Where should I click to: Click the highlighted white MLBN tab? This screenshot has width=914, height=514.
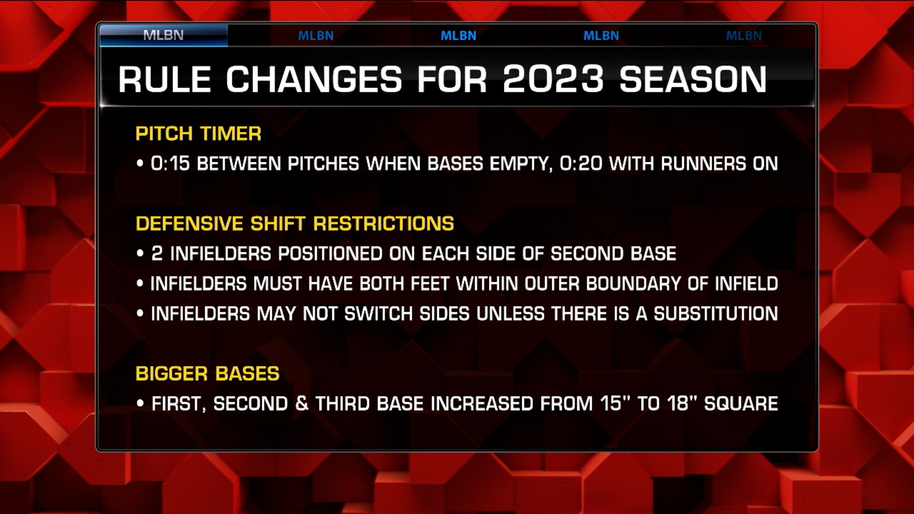pos(163,35)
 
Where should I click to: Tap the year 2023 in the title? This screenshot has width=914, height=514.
pos(553,79)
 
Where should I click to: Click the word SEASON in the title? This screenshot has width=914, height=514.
pos(693,79)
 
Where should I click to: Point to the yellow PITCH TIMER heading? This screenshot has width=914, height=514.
pos(198,134)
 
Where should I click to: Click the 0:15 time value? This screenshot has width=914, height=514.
pos(170,164)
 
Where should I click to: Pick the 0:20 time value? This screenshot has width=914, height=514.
pos(581,164)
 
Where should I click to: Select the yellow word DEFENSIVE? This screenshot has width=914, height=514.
pos(190,223)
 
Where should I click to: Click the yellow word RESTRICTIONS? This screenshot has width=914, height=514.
pos(384,223)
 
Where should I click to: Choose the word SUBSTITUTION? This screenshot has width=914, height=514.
pos(716,314)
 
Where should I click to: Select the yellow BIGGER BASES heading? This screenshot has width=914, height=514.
pos(208,374)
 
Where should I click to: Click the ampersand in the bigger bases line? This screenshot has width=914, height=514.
pos(302,404)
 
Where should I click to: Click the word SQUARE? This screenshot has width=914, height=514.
pos(741,404)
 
